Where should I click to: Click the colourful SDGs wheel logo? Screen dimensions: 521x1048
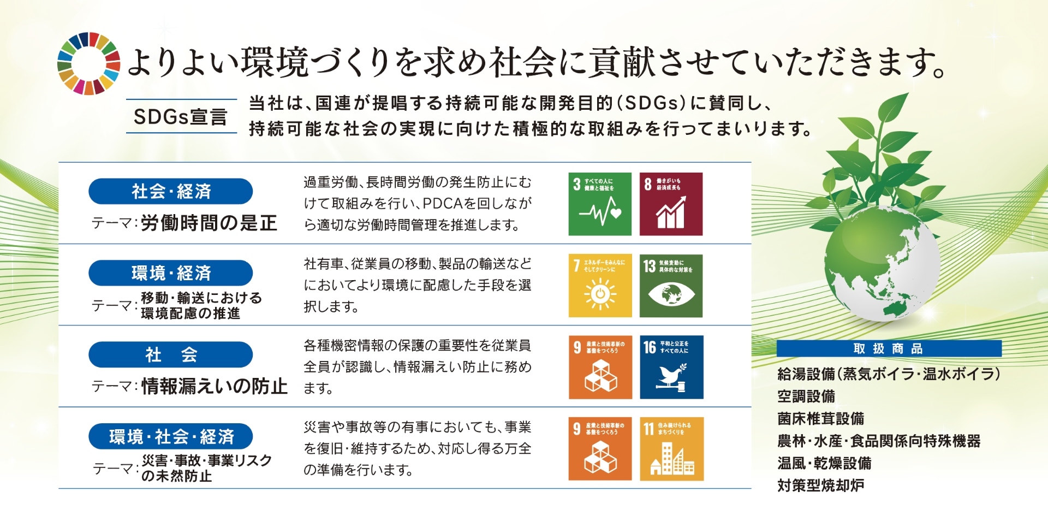[x=88, y=63]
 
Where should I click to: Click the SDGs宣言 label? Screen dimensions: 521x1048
[x=181, y=116]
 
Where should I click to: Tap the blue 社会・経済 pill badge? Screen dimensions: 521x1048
[x=170, y=192]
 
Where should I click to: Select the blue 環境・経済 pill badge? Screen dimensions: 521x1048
[x=170, y=273]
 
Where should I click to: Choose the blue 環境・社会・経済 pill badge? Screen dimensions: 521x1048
[x=170, y=436]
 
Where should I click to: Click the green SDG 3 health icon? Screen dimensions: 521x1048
[x=600, y=204]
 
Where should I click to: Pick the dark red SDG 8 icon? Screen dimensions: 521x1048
[x=671, y=204]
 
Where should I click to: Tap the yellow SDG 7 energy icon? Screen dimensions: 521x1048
[x=600, y=286]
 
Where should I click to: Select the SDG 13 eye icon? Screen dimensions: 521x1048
[x=671, y=286]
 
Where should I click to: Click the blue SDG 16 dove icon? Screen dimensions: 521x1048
[x=671, y=367]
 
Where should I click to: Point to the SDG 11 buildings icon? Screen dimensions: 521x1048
[x=671, y=449]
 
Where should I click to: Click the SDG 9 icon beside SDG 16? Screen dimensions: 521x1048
[x=600, y=367]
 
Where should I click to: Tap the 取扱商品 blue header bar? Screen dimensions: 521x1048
[x=889, y=348]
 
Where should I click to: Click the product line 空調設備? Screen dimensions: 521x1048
[x=806, y=396]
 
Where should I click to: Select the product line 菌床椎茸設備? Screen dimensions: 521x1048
[x=820, y=419]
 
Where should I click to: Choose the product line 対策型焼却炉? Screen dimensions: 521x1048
[x=820, y=486]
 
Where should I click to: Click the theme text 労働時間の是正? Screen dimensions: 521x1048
[x=209, y=223]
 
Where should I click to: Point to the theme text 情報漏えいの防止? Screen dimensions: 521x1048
[x=214, y=387]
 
